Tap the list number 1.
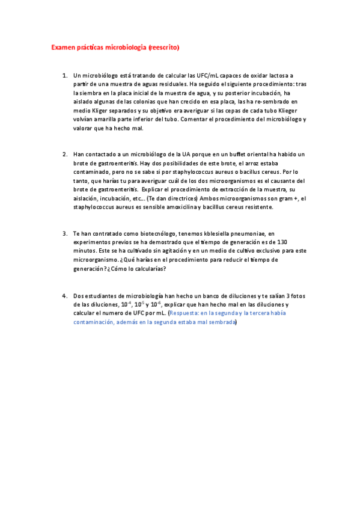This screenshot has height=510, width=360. point(64,76)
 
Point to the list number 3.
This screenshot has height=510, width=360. point(64,233)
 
